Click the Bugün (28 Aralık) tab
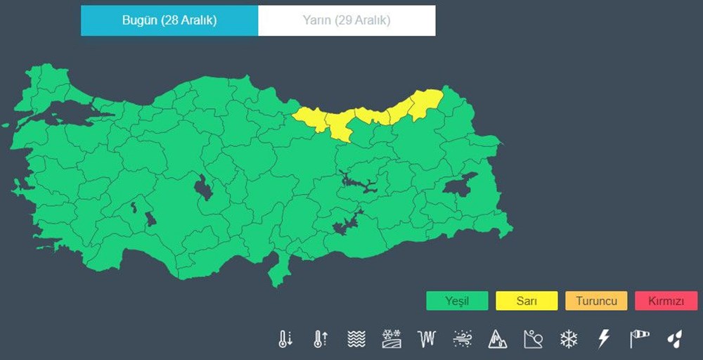(x=169, y=20)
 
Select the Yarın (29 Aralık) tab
(x=347, y=20)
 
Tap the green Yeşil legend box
(x=457, y=301)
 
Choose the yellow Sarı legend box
(x=527, y=301)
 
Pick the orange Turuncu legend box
(x=596, y=301)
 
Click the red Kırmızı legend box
(x=666, y=301)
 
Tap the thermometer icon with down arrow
(x=285, y=339)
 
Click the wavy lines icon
(x=356, y=339)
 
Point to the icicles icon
(x=427, y=339)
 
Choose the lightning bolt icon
(x=603, y=339)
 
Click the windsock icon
(x=639, y=339)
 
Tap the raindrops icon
(x=675, y=339)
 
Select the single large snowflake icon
(x=568, y=339)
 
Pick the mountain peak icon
(x=497, y=339)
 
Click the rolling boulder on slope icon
(x=533, y=339)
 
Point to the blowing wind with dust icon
(x=462, y=339)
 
